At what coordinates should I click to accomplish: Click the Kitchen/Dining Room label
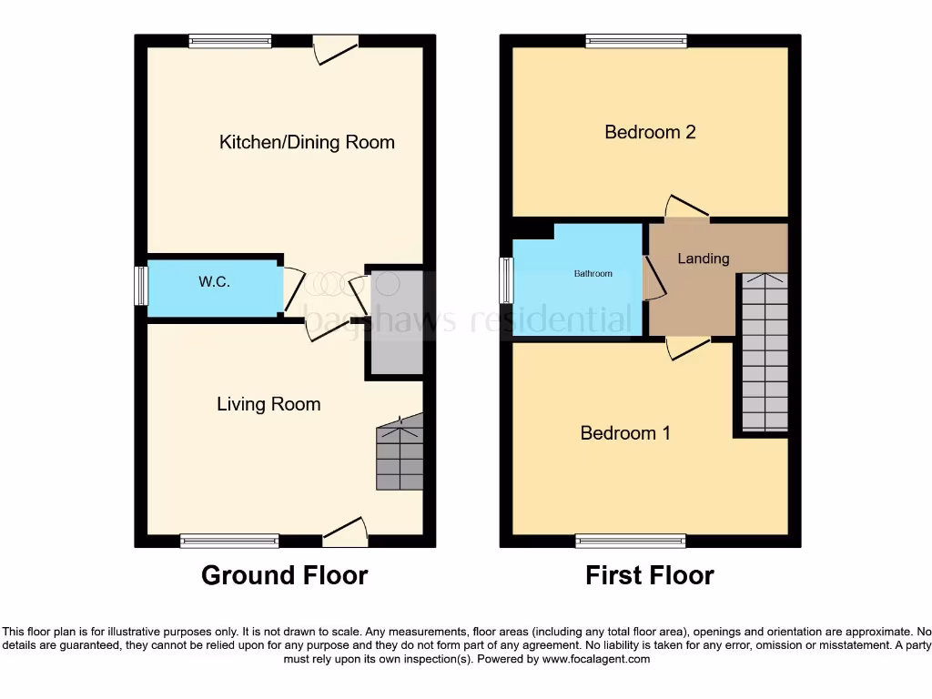[307, 142]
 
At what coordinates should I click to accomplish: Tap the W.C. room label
[214, 282]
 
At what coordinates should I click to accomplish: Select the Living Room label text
[268, 404]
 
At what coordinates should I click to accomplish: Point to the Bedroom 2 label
[650, 132]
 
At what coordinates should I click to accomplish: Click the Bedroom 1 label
[625, 433]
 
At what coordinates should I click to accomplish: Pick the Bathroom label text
[593, 274]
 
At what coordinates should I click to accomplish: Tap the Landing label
[703, 258]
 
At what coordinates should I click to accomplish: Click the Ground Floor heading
[284, 575]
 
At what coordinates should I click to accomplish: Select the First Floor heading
[649, 575]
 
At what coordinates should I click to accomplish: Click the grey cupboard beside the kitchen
[395, 322]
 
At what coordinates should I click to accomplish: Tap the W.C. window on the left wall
[141, 286]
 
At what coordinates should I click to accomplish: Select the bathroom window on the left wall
[505, 279]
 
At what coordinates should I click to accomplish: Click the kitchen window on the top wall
[230, 40]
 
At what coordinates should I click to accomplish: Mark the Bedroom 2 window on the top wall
[636, 40]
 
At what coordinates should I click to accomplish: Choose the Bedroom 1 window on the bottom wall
[631, 542]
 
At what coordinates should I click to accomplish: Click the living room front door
[346, 535]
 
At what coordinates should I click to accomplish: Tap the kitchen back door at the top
[335, 47]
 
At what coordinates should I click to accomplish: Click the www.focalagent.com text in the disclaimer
[596, 659]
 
